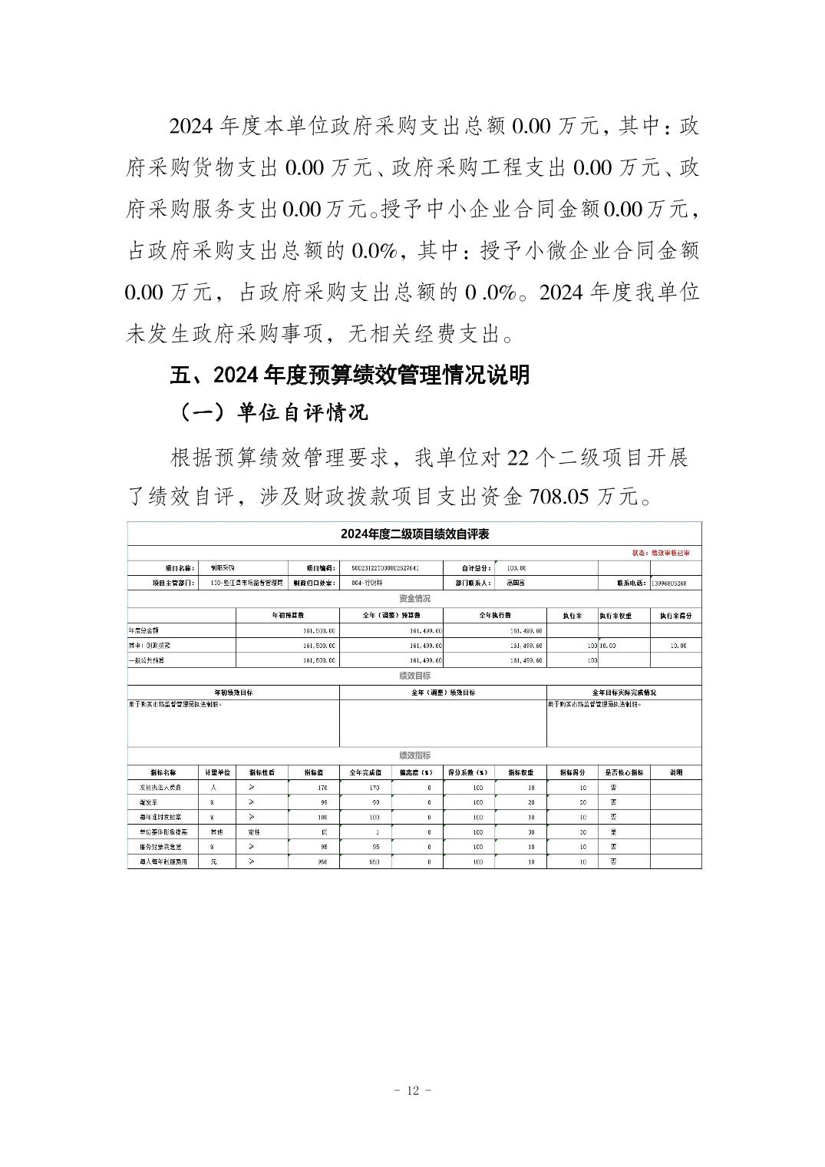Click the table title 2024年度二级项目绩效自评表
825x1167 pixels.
[414, 534]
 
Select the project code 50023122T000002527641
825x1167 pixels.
[385, 568]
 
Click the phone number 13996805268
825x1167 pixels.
[668, 583]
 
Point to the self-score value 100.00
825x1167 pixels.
[516, 568]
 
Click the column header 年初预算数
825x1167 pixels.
[288, 616]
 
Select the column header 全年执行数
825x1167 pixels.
[495, 616]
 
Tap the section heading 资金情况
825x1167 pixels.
[414, 599]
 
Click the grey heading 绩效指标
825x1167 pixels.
[414, 755]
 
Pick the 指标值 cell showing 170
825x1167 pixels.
[322, 788]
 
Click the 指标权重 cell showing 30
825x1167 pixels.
[530, 832]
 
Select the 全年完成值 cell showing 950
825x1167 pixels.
[374, 862]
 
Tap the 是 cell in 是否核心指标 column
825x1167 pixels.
[613, 832]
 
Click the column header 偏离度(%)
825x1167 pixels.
[417, 772]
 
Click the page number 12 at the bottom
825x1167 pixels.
[413, 1090]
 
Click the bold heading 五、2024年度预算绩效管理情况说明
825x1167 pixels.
[349, 375]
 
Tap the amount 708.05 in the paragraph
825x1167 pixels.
[559, 497]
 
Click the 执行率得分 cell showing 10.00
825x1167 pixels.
[678, 646]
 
